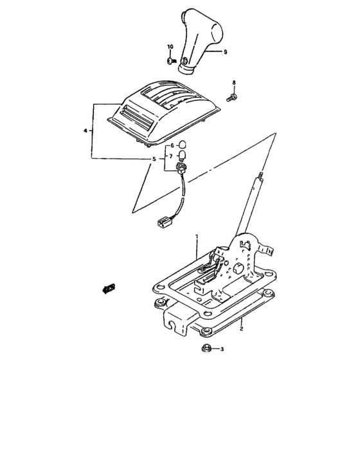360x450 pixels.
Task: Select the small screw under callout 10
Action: (170, 61)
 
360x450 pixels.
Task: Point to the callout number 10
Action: (170, 48)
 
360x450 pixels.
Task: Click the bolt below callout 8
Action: (233, 96)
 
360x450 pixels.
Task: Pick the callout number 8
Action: (234, 83)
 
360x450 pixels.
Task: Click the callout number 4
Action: (85, 130)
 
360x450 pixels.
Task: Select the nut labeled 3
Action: (207, 349)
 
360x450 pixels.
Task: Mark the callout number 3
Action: (222, 350)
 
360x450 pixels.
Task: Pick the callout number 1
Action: (197, 237)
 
